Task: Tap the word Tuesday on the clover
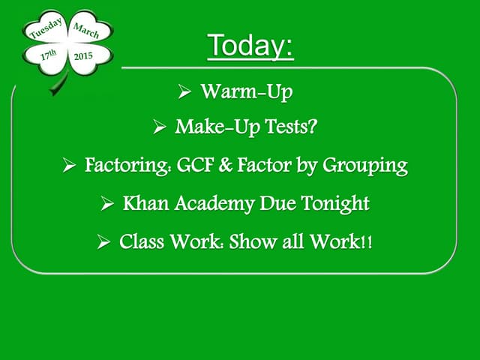pos(46,28)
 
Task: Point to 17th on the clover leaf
pos(49,55)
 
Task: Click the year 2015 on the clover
pos(83,56)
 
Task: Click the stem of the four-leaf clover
pos(58,84)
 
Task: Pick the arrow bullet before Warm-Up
pos(184,91)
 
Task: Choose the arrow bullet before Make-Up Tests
pos(160,127)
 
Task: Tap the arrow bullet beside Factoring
pos(69,165)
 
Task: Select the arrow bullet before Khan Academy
pos(107,203)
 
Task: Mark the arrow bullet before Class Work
pos(103,241)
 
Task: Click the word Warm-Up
pos(247,91)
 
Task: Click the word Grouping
pos(365,166)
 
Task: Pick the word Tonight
pos(335,204)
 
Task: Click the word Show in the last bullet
pos(253,241)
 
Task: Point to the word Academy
pos(214,204)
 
